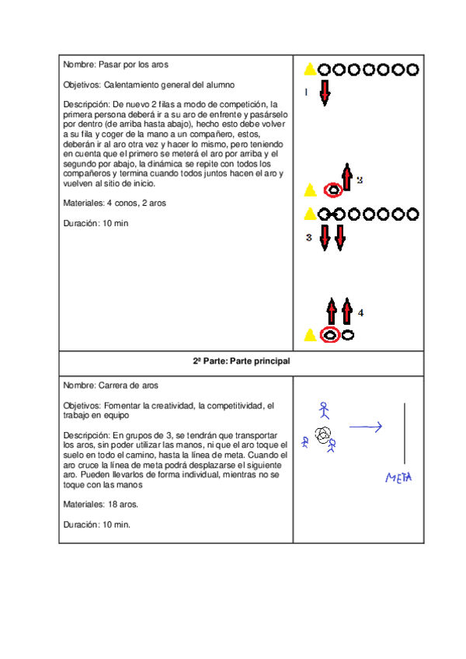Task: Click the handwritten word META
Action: point(398,476)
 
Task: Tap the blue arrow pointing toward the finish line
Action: point(365,426)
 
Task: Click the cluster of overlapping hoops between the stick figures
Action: point(323,434)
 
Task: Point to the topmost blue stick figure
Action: point(325,409)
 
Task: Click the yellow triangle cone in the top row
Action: point(310,69)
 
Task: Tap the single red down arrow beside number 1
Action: point(325,91)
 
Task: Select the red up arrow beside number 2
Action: point(347,176)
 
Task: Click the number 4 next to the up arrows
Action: point(361,312)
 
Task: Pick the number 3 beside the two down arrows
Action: point(309,238)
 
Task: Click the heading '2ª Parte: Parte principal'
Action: point(241,361)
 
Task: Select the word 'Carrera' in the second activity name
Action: point(115,385)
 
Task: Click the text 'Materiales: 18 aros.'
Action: point(101,504)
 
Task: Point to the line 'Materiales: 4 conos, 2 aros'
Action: point(114,204)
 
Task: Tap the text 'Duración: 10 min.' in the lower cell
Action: point(97,525)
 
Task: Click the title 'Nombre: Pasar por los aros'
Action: point(115,65)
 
